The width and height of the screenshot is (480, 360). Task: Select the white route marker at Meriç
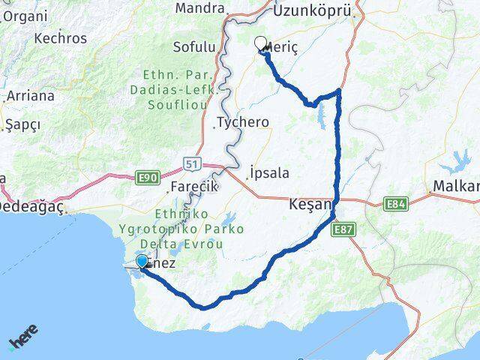pos(261,43)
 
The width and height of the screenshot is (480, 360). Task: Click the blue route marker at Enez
pos(142,261)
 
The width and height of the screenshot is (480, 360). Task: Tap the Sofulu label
pos(194,47)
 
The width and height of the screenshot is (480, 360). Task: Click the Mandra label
pos(200,8)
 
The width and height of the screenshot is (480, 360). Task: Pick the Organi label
pos(24,15)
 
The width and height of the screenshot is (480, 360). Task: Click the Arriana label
pos(30,96)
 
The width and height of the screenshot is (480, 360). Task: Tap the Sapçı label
pos(22,124)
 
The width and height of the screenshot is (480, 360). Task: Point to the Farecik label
pos(193,185)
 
